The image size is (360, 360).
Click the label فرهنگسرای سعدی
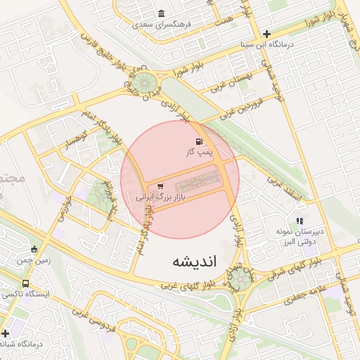(x=162, y=25)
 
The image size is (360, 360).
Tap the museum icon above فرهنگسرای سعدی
(x=162, y=14)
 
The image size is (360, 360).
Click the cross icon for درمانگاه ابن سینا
(x=266, y=34)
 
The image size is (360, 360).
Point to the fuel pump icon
(x=188, y=141)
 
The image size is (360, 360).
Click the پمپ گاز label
(x=198, y=152)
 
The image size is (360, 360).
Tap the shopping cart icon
(x=161, y=186)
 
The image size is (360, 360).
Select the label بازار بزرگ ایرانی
(x=164, y=198)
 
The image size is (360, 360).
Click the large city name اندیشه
(x=197, y=262)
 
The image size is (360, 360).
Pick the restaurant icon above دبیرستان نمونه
(x=300, y=221)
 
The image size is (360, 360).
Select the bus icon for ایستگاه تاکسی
(x=26, y=284)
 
